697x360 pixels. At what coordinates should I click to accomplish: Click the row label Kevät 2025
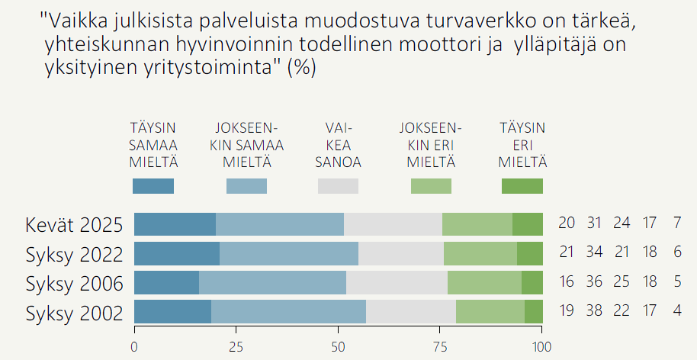coord(74,225)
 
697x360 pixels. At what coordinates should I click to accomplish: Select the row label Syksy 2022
coord(74,254)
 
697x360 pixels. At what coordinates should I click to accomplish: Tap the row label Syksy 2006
coord(74,284)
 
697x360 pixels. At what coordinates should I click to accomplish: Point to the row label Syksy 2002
coord(74,313)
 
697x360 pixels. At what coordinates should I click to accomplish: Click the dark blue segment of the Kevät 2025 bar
coord(175,225)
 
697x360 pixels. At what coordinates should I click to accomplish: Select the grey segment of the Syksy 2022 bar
coord(400,253)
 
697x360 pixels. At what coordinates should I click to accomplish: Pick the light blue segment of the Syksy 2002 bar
coord(288,312)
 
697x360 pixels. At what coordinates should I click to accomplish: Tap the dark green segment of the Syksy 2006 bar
coord(532,283)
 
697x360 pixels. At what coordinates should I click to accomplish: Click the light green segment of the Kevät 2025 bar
coord(477,225)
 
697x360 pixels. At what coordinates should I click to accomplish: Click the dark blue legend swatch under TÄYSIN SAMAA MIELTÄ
coord(153,186)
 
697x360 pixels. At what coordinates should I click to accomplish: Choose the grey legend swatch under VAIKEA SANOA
coord(338,186)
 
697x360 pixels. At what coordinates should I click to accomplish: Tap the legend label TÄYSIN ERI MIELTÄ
coord(522,145)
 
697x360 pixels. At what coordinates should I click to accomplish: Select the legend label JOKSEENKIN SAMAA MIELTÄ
coord(247,145)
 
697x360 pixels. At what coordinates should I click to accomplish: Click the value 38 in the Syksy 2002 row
coord(595,312)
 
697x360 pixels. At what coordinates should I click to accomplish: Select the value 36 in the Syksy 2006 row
coord(595,282)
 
